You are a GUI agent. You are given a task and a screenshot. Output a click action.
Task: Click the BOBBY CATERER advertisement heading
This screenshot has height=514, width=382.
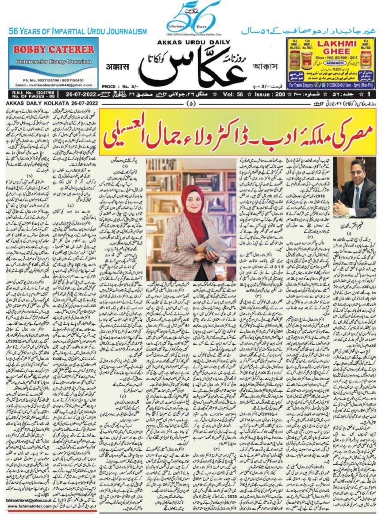point(53,49)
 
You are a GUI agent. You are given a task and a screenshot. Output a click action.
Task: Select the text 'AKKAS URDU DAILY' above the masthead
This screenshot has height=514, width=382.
point(191,43)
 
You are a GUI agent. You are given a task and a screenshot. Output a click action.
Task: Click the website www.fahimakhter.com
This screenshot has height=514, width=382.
point(29,506)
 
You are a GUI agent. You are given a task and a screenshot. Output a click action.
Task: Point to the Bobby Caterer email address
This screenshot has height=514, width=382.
point(54,84)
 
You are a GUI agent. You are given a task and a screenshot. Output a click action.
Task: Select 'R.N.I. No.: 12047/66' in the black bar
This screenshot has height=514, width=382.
point(22,91)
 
